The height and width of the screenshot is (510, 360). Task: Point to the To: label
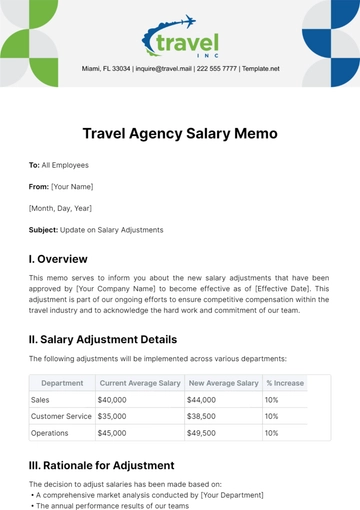pos(37,164)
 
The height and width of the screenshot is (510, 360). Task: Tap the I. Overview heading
pos(61,257)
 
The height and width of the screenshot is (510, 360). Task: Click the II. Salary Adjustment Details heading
pos(116,339)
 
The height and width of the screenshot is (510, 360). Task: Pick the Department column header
pos(62,382)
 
